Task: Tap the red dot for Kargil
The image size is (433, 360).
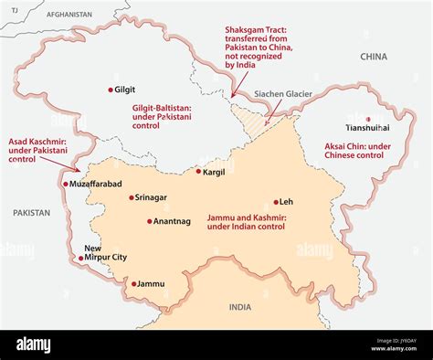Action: tap(197, 171)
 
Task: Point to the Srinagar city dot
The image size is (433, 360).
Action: tap(131, 197)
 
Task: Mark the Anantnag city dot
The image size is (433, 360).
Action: tap(150, 221)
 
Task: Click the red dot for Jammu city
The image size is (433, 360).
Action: tap(133, 284)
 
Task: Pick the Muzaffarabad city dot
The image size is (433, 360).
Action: tap(64, 184)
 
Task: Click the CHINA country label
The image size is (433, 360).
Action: tap(374, 57)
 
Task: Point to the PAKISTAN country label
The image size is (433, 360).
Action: tap(31, 212)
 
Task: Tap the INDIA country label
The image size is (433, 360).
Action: tap(239, 307)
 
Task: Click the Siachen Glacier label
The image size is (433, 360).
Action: tap(283, 94)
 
